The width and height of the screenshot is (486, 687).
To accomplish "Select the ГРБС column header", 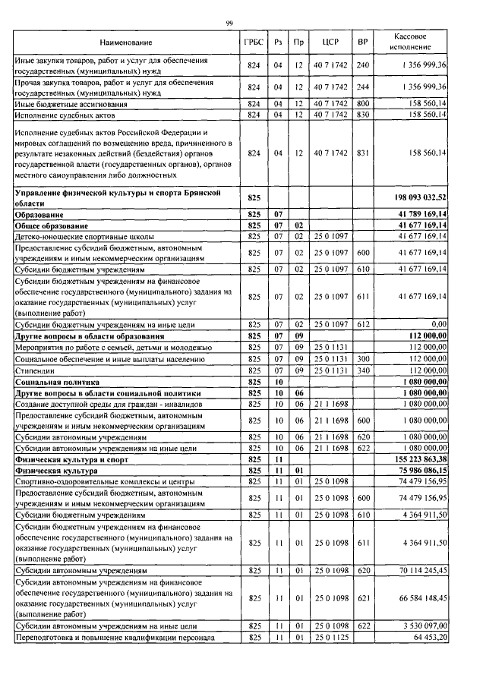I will point(254,42).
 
